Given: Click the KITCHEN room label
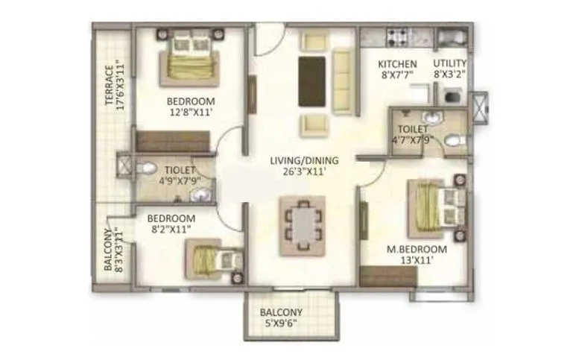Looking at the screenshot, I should pyautogui.click(x=397, y=63).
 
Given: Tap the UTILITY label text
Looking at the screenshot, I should pyautogui.click(x=450, y=63).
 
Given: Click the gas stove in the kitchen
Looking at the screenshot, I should pyautogui.click(x=393, y=36).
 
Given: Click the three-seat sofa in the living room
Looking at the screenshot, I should pyautogui.click(x=343, y=80).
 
